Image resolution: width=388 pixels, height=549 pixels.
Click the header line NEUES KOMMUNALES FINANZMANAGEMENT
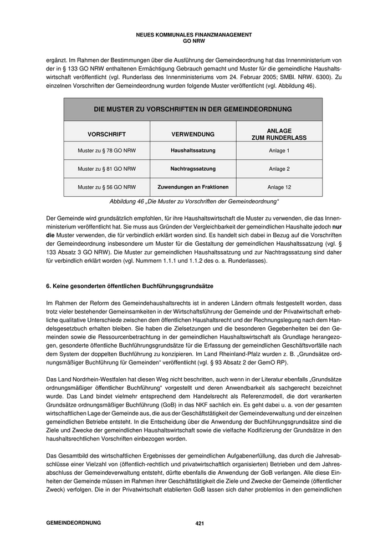tap(193, 35)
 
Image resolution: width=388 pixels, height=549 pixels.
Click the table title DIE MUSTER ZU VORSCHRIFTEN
tap(193, 109)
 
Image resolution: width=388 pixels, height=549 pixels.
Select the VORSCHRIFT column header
tap(106, 134)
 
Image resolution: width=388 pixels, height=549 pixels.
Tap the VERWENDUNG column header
tap(193, 134)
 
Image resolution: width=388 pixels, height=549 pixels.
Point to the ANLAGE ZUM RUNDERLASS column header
tap(279, 134)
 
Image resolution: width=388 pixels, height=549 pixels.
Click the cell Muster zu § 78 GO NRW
tap(106, 151)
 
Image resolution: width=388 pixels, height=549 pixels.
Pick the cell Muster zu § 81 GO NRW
tap(106, 169)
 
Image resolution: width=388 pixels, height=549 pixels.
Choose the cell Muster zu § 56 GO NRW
tap(106, 187)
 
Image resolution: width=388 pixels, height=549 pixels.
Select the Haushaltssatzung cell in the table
tap(193, 151)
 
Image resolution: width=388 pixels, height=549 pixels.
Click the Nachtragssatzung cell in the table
tap(193, 169)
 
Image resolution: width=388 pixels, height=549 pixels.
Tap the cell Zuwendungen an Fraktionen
tap(193, 187)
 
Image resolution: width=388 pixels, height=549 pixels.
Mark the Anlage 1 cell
tap(279, 151)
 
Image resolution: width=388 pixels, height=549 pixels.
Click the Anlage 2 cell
tap(279, 169)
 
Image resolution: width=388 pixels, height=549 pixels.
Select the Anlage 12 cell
tap(279, 187)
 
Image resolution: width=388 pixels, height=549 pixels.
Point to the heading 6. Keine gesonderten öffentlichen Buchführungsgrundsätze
tap(130, 286)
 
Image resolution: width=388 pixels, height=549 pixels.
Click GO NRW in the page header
tap(193, 41)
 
